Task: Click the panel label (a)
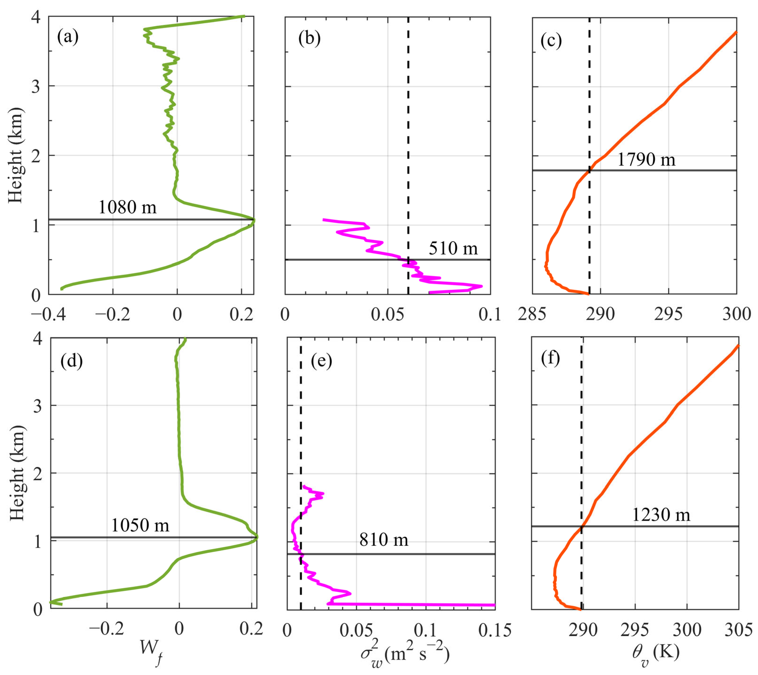(68, 37)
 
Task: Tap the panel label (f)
(550, 358)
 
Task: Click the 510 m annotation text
(453, 248)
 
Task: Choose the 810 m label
(383, 539)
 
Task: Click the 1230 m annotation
(661, 515)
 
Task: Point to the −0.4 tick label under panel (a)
(48, 315)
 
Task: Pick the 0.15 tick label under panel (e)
(495, 630)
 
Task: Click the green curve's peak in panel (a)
(254, 220)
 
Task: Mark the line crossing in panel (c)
(589, 170)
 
